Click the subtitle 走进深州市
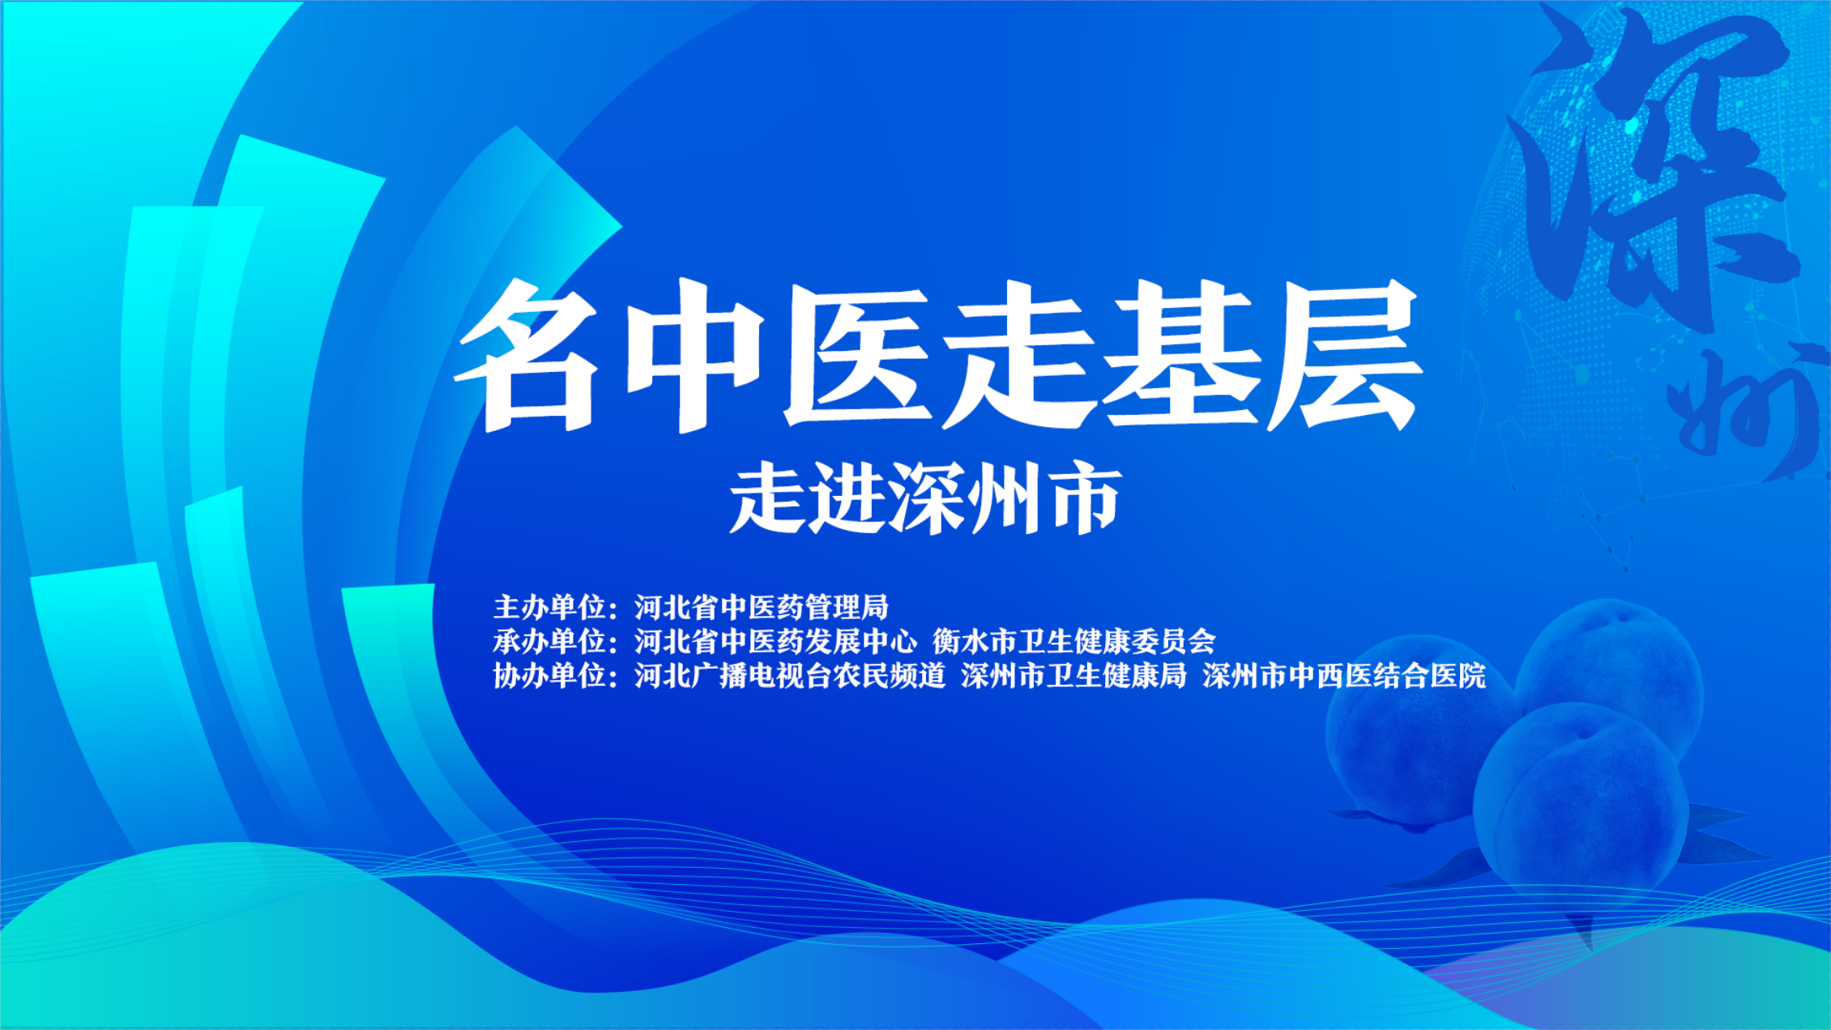tap(925, 498)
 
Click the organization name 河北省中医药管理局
tap(762, 607)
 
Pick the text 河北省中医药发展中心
tap(775, 641)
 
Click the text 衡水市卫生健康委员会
tap(1073, 641)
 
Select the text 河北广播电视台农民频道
tap(790, 675)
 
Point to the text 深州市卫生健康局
tap(1073, 675)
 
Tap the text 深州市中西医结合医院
tap(1344, 675)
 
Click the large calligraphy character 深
tap(1653, 162)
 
